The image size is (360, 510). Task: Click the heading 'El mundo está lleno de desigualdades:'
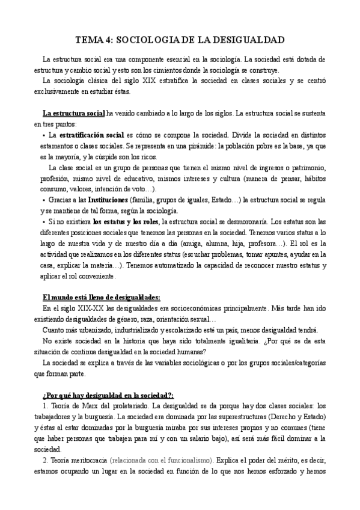[102, 297]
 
